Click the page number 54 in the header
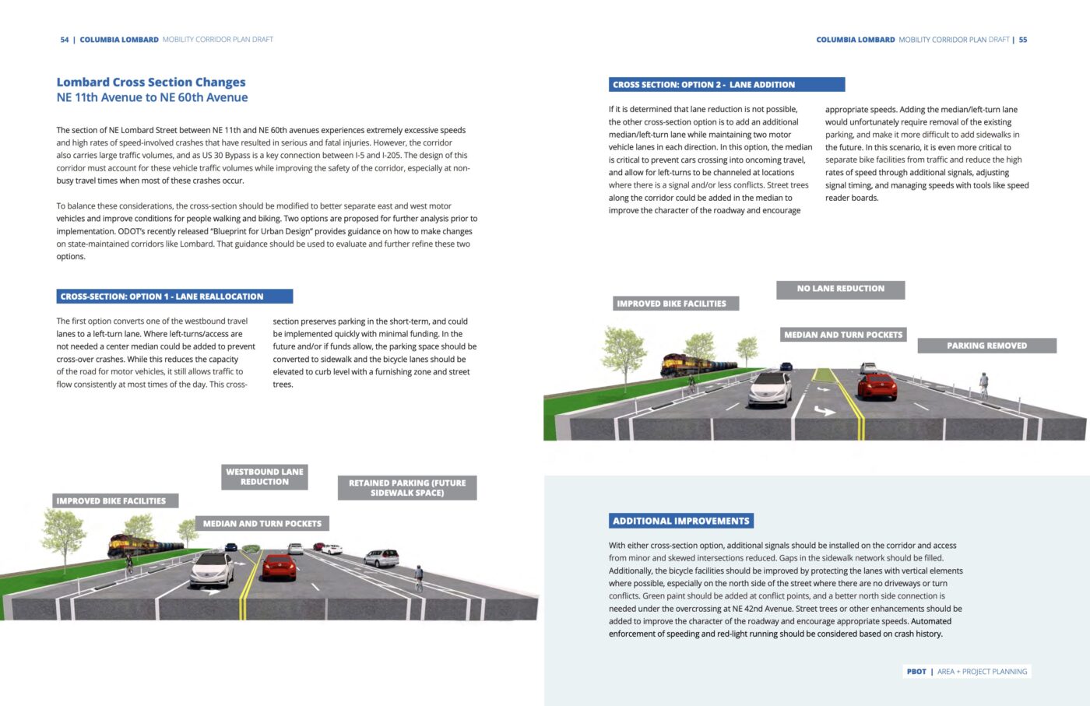[x=65, y=40]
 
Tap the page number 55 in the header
[x=1023, y=40]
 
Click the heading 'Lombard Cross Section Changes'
[x=151, y=83]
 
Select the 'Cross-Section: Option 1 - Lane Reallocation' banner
[x=175, y=297]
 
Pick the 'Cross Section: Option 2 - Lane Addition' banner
[x=726, y=85]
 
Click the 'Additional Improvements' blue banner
[x=681, y=521]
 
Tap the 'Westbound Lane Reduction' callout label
[x=265, y=477]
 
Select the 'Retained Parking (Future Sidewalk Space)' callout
[x=407, y=488]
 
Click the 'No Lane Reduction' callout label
[x=840, y=290]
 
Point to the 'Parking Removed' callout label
[x=986, y=346]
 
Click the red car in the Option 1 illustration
[x=279, y=567]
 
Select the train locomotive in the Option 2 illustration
[x=678, y=364]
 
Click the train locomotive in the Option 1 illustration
[x=125, y=543]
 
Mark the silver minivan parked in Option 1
[x=381, y=557]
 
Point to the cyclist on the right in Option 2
[x=983, y=385]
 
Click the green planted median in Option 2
[x=823, y=375]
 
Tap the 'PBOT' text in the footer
[x=916, y=672]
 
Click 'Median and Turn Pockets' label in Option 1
[x=262, y=524]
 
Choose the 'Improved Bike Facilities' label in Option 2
[x=671, y=304]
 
